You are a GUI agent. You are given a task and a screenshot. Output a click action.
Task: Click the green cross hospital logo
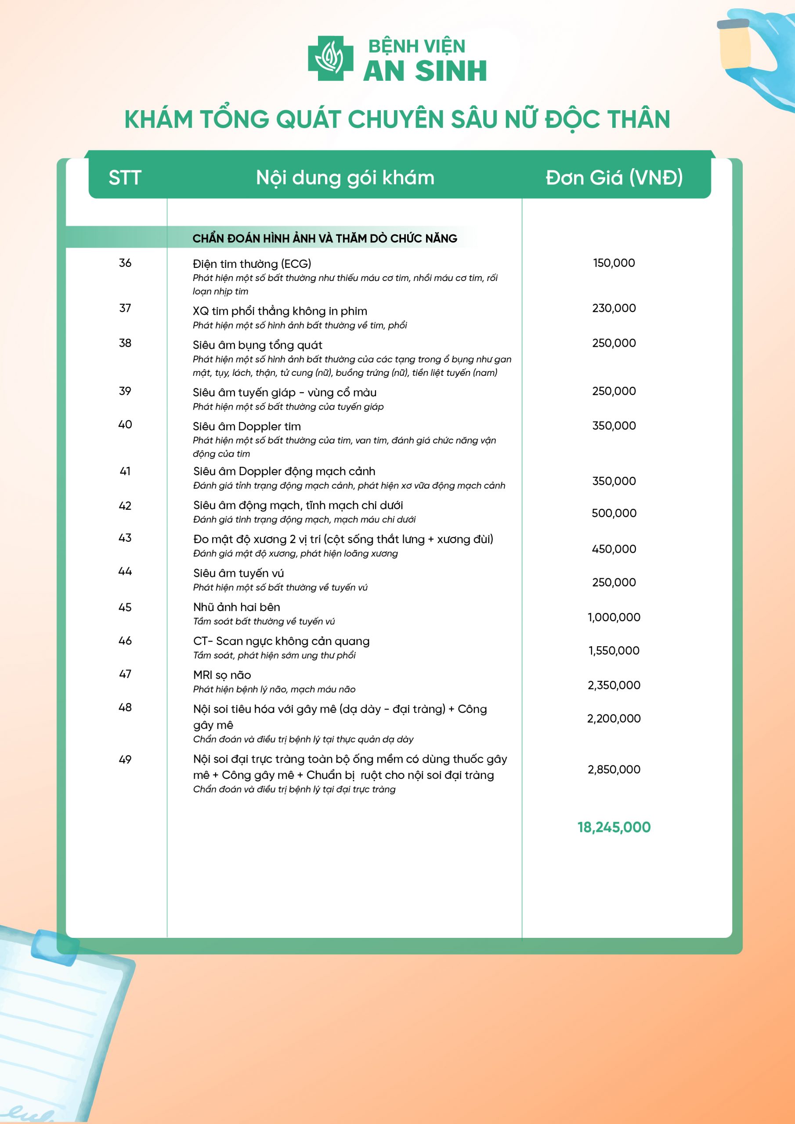(330, 58)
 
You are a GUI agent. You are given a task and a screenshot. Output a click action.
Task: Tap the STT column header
(125, 177)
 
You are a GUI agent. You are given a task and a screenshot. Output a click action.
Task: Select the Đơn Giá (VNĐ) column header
(614, 177)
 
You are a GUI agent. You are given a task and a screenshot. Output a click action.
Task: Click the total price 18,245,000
(614, 827)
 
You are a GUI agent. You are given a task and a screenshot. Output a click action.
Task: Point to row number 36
(125, 263)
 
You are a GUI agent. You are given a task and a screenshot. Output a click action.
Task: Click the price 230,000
(614, 308)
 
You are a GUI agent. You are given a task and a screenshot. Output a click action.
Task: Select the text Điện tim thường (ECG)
(252, 264)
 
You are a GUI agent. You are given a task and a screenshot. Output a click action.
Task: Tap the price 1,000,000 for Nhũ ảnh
(614, 617)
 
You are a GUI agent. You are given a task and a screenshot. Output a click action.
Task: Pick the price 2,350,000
(614, 685)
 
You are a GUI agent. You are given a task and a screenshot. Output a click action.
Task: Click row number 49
(125, 759)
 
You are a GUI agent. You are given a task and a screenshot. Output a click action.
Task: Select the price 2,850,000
(614, 769)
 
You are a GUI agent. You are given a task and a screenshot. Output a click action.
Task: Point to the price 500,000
(614, 513)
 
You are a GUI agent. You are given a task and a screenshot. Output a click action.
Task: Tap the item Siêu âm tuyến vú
(238, 573)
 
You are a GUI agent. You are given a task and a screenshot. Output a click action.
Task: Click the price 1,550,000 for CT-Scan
(614, 651)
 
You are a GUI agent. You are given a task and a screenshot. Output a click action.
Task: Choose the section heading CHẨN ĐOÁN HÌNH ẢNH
(325, 238)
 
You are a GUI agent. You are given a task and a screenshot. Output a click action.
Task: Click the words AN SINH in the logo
(425, 71)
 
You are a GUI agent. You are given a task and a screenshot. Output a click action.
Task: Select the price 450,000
(614, 549)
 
